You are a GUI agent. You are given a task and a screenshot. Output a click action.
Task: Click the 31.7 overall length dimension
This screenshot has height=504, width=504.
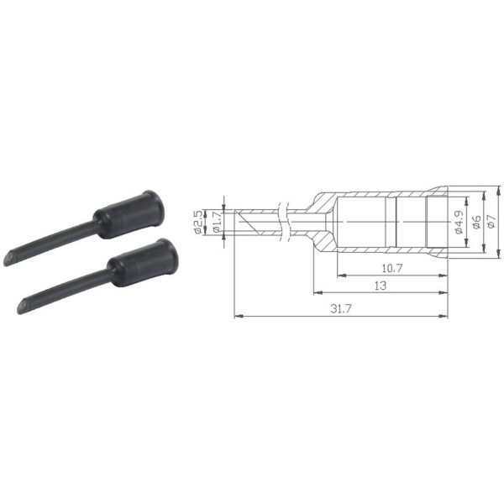tap(341, 309)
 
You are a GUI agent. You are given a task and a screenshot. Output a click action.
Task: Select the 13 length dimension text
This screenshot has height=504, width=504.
tap(381, 285)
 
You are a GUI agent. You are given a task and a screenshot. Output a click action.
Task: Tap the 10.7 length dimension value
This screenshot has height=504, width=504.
tap(391, 268)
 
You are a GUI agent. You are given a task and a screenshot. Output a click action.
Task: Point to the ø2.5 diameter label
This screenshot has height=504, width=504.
tap(198, 222)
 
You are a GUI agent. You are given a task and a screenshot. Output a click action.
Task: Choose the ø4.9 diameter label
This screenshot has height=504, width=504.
tap(459, 222)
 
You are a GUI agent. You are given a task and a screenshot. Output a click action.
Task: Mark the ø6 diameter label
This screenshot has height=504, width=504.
tap(476, 222)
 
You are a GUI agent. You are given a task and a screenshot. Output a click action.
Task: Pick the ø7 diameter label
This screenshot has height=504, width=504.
tap(491, 222)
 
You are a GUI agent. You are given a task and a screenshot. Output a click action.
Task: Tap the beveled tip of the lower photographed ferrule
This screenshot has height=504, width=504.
tap(23, 307)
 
